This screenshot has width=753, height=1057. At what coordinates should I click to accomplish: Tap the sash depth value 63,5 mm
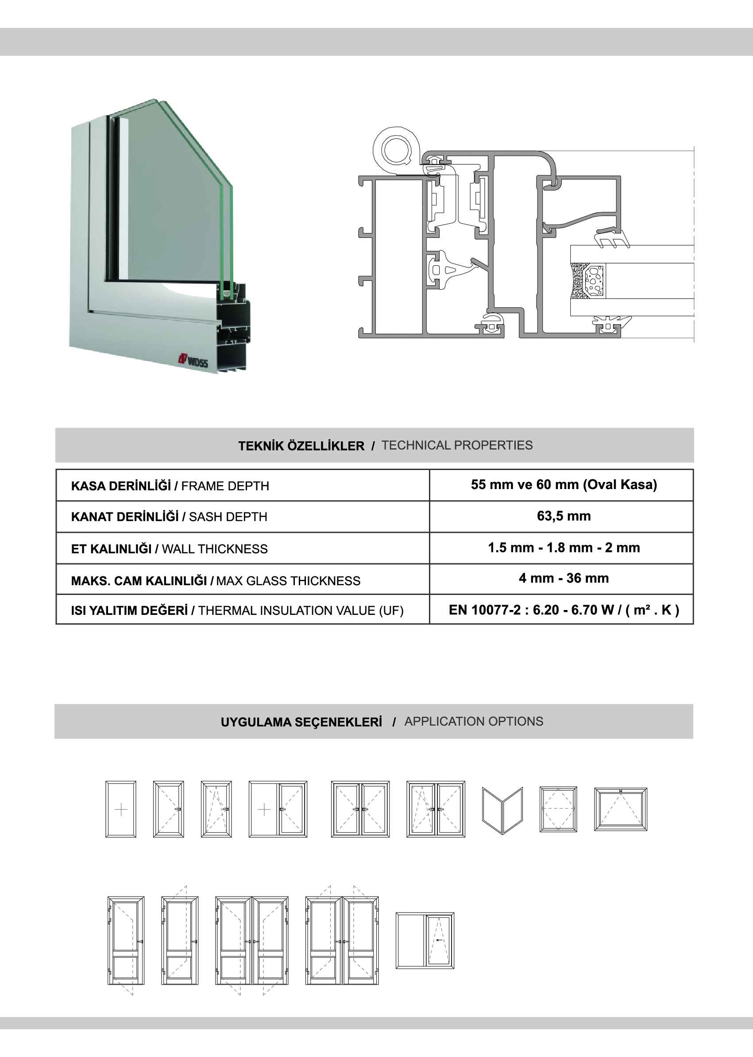pos(564,516)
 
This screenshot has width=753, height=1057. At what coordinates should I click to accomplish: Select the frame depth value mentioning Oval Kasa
pos(564,484)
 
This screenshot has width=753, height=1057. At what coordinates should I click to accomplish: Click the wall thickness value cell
pos(564,548)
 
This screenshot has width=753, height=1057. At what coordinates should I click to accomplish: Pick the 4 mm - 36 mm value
pos(564,578)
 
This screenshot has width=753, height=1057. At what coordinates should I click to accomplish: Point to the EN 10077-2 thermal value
pos(564,610)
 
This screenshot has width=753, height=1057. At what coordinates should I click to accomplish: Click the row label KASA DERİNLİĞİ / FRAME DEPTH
pos(170,486)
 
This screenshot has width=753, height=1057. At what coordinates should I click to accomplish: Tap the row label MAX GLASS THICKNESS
pos(288,580)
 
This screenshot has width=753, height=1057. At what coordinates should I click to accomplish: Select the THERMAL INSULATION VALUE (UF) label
pos(301,610)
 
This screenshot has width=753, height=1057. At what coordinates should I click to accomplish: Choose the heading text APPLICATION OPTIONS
pos(473,722)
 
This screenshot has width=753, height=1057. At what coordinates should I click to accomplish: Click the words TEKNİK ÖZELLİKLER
pos(301,446)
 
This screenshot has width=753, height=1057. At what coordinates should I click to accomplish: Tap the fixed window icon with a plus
pos(121,810)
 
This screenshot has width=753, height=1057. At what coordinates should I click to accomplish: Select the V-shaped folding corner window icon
pos(502,811)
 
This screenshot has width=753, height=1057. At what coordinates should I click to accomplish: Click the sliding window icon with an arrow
pos(425,940)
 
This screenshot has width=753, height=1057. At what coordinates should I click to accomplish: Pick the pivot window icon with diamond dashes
pos(558,809)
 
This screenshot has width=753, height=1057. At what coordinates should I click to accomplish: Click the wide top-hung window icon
pos(620,809)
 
